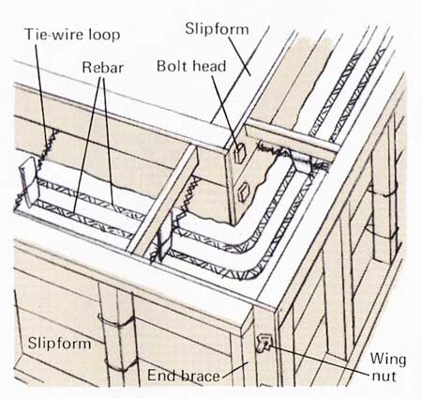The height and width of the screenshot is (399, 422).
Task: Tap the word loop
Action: pos(104,35)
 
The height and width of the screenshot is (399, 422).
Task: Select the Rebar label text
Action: pos(102,68)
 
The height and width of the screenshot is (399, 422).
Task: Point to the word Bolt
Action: pos(173,66)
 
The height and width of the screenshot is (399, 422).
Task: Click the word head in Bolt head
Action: pos(209,67)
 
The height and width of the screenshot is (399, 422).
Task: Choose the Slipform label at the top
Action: pos(217,30)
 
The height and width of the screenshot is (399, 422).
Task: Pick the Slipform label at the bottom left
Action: pos(60,344)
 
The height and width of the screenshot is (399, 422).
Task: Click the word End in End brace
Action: pos(161,375)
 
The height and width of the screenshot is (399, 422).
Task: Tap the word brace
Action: pos(199,376)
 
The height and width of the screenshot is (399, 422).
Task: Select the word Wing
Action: pos(388,360)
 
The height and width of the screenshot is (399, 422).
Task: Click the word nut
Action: pos(384,376)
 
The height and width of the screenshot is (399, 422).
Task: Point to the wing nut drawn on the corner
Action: pos(264,343)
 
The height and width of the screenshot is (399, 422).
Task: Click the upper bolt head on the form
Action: pos(240,153)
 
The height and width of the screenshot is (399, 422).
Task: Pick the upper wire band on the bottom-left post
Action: pos(116,321)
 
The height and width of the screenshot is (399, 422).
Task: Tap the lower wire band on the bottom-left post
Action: pos(121,365)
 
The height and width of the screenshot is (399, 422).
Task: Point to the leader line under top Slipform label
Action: pos(239,56)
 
